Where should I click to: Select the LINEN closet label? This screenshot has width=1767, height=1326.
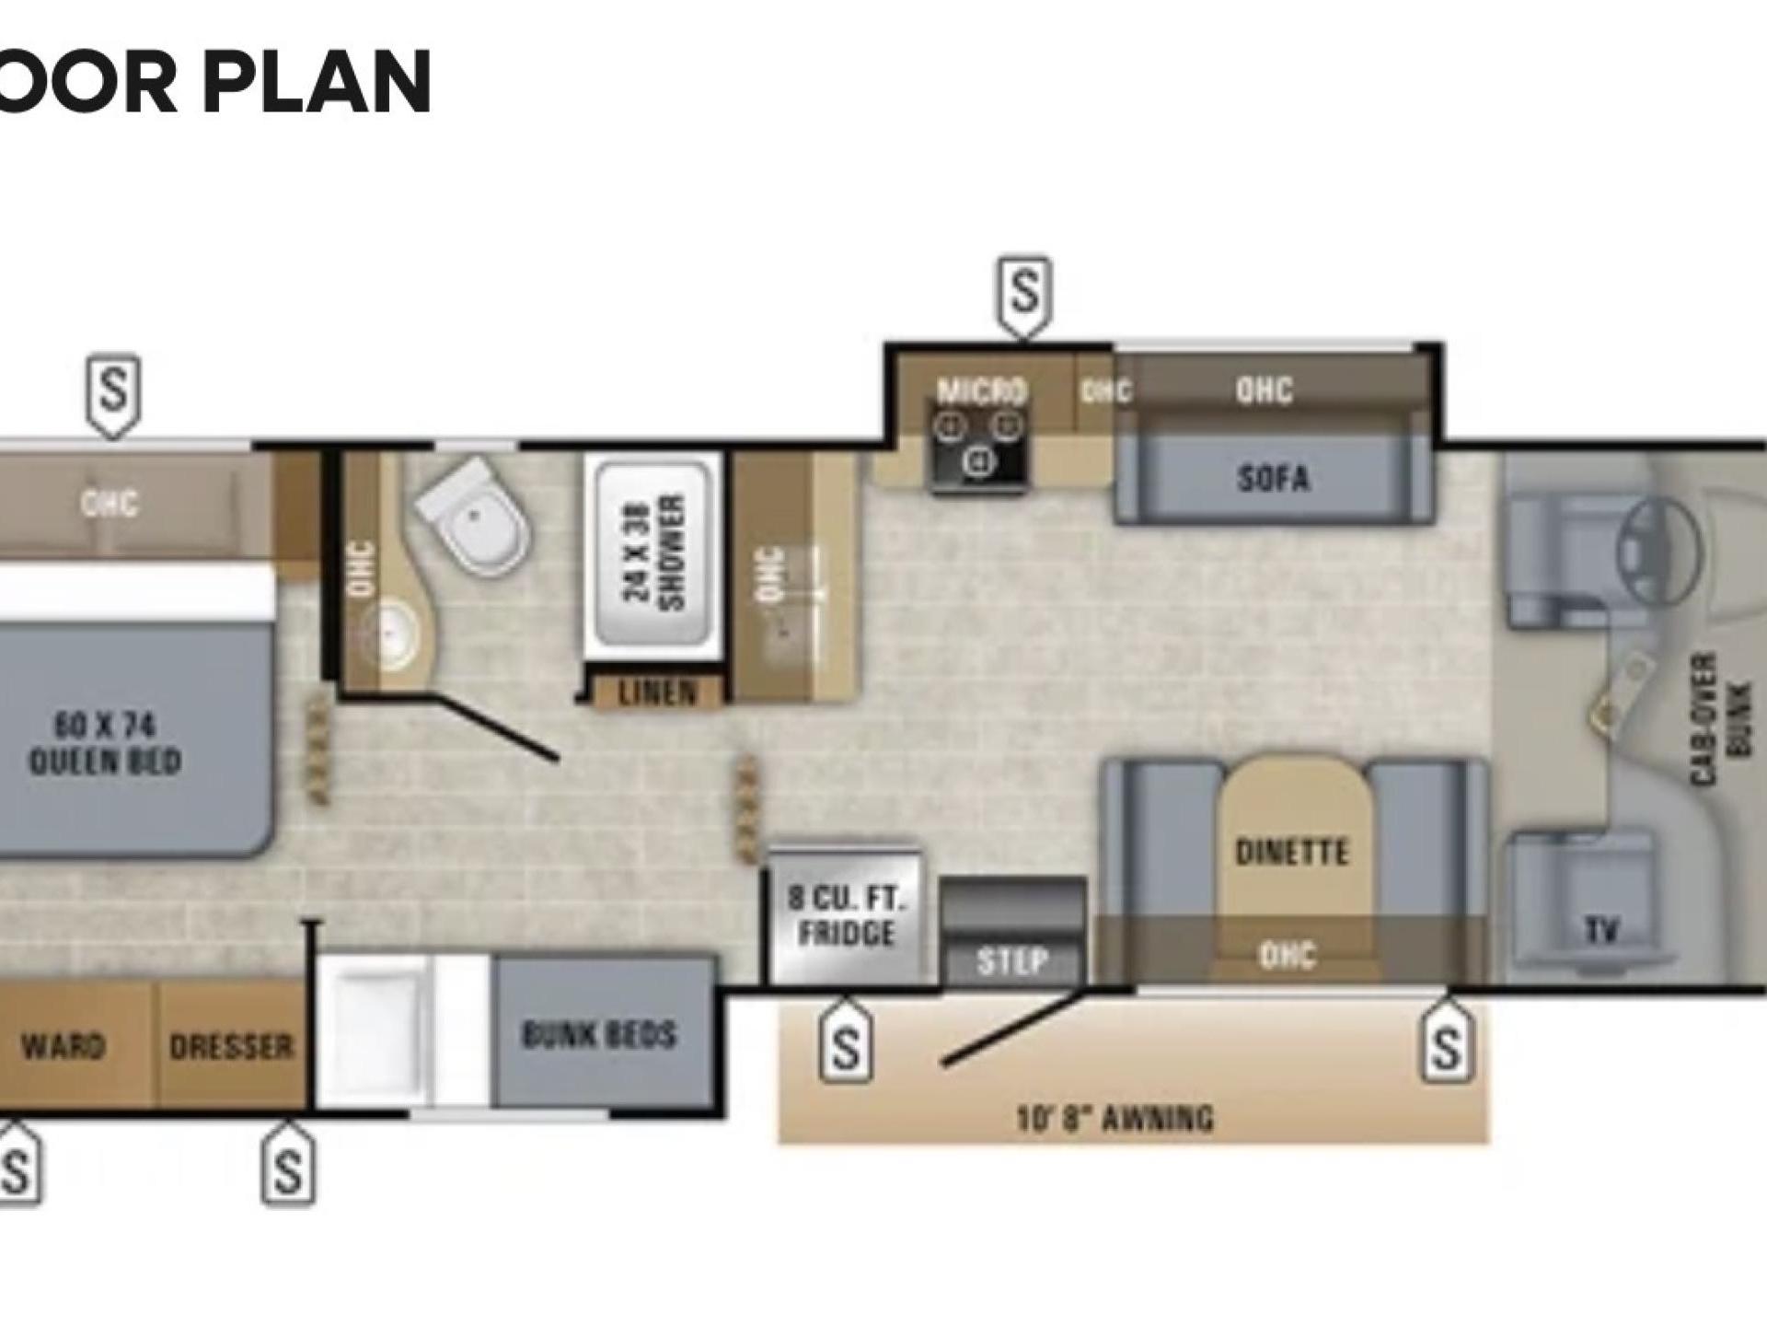click(657, 693)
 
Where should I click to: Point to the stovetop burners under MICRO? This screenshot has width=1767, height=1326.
click(981, 443)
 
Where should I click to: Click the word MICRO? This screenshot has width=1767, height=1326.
click(981, 391)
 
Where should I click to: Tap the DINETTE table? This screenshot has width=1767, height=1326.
click(1291, 852)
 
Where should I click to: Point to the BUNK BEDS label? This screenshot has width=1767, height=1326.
click(599, 1036)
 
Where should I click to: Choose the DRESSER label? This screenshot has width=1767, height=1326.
click(231, 1048)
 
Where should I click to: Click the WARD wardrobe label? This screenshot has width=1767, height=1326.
click(64, 1047)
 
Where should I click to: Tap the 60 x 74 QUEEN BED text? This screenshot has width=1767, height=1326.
click(104, 744)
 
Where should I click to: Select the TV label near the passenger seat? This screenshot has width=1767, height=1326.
click(1601, 931)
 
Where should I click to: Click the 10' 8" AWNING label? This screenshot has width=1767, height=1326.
click(1115, 1119)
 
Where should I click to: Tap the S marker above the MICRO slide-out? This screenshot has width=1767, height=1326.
click(1024, 292)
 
